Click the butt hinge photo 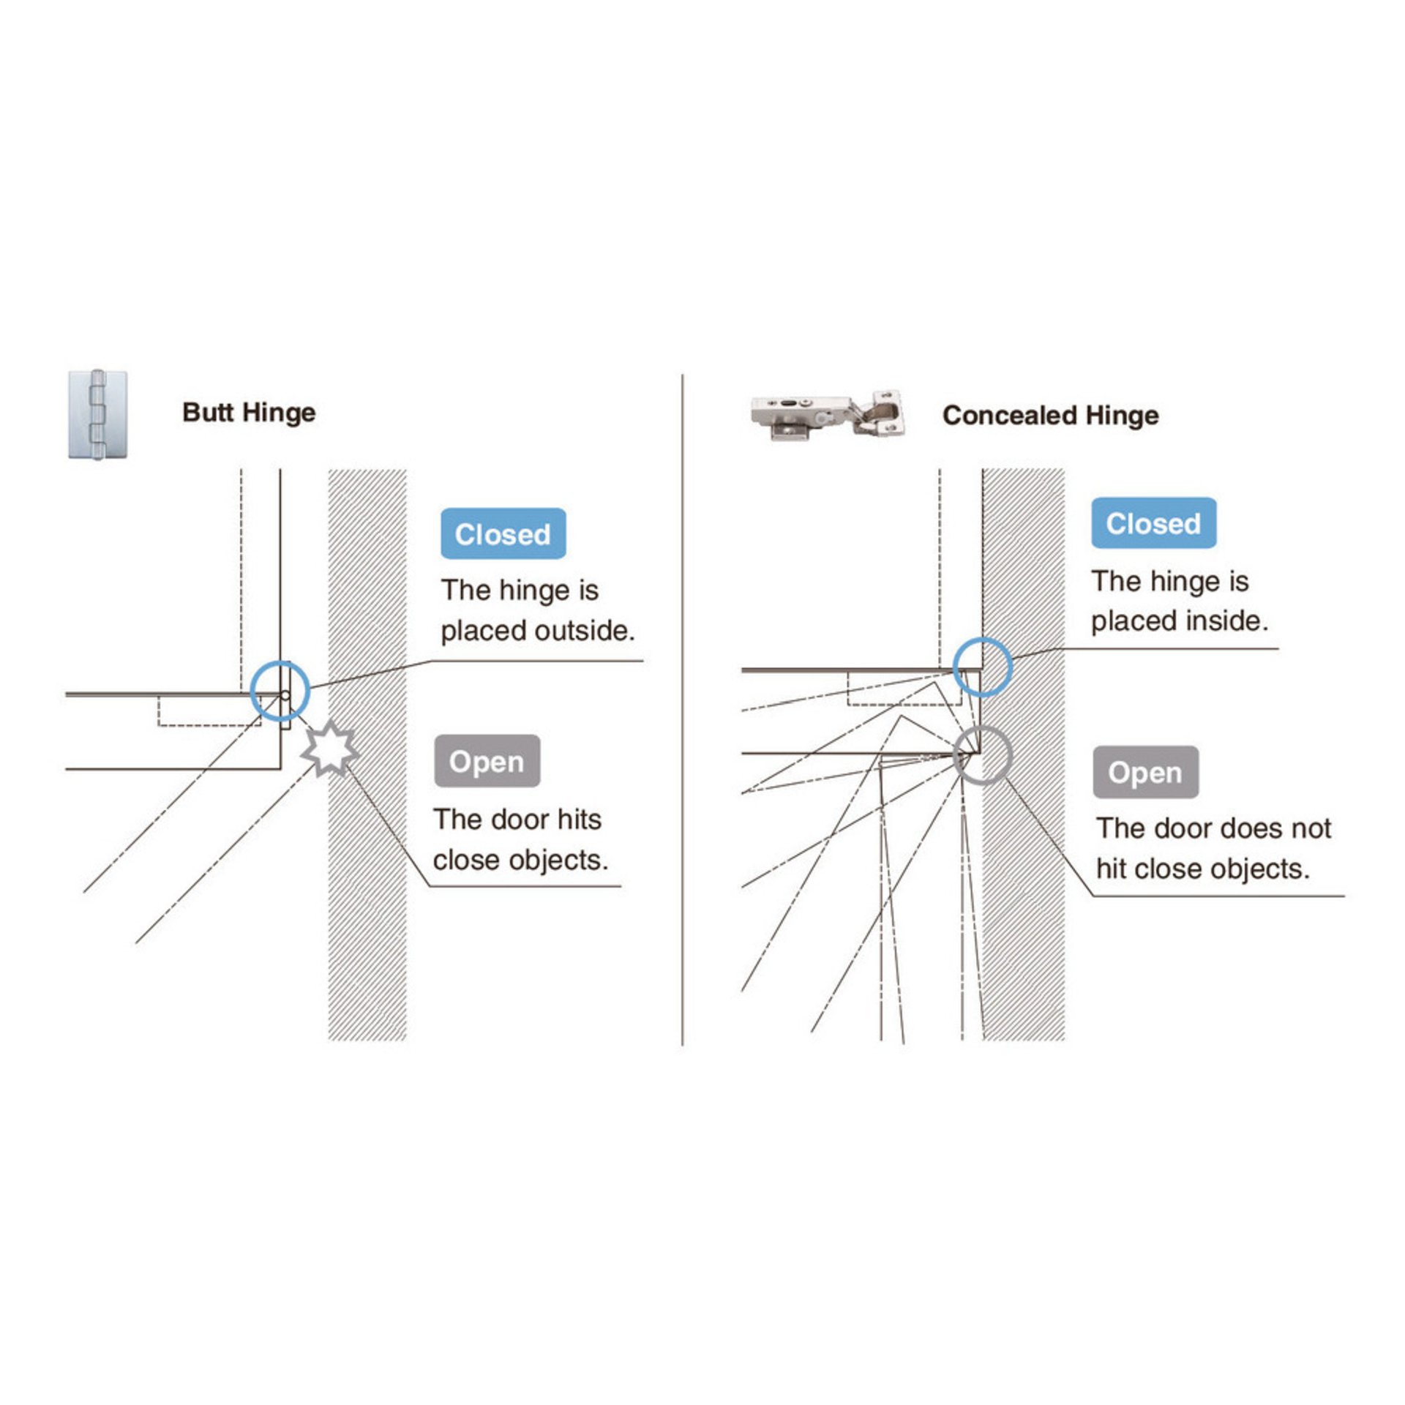tap(97, 414)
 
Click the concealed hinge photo tap(827, 415)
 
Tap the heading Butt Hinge tap(249, 413)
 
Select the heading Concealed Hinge tap(1050, 416)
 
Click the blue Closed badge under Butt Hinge tap(503, 533)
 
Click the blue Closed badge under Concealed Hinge tap(1153, 523)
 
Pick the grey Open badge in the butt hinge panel tap(487, 761)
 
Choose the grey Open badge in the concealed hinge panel tap(1145, 772)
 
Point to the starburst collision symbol tap(330, 748)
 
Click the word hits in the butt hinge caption tap(580, 820)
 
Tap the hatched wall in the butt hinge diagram tap(367, 754)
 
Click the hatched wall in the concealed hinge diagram tap(1023, 754)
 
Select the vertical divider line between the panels tap(682, 711)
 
